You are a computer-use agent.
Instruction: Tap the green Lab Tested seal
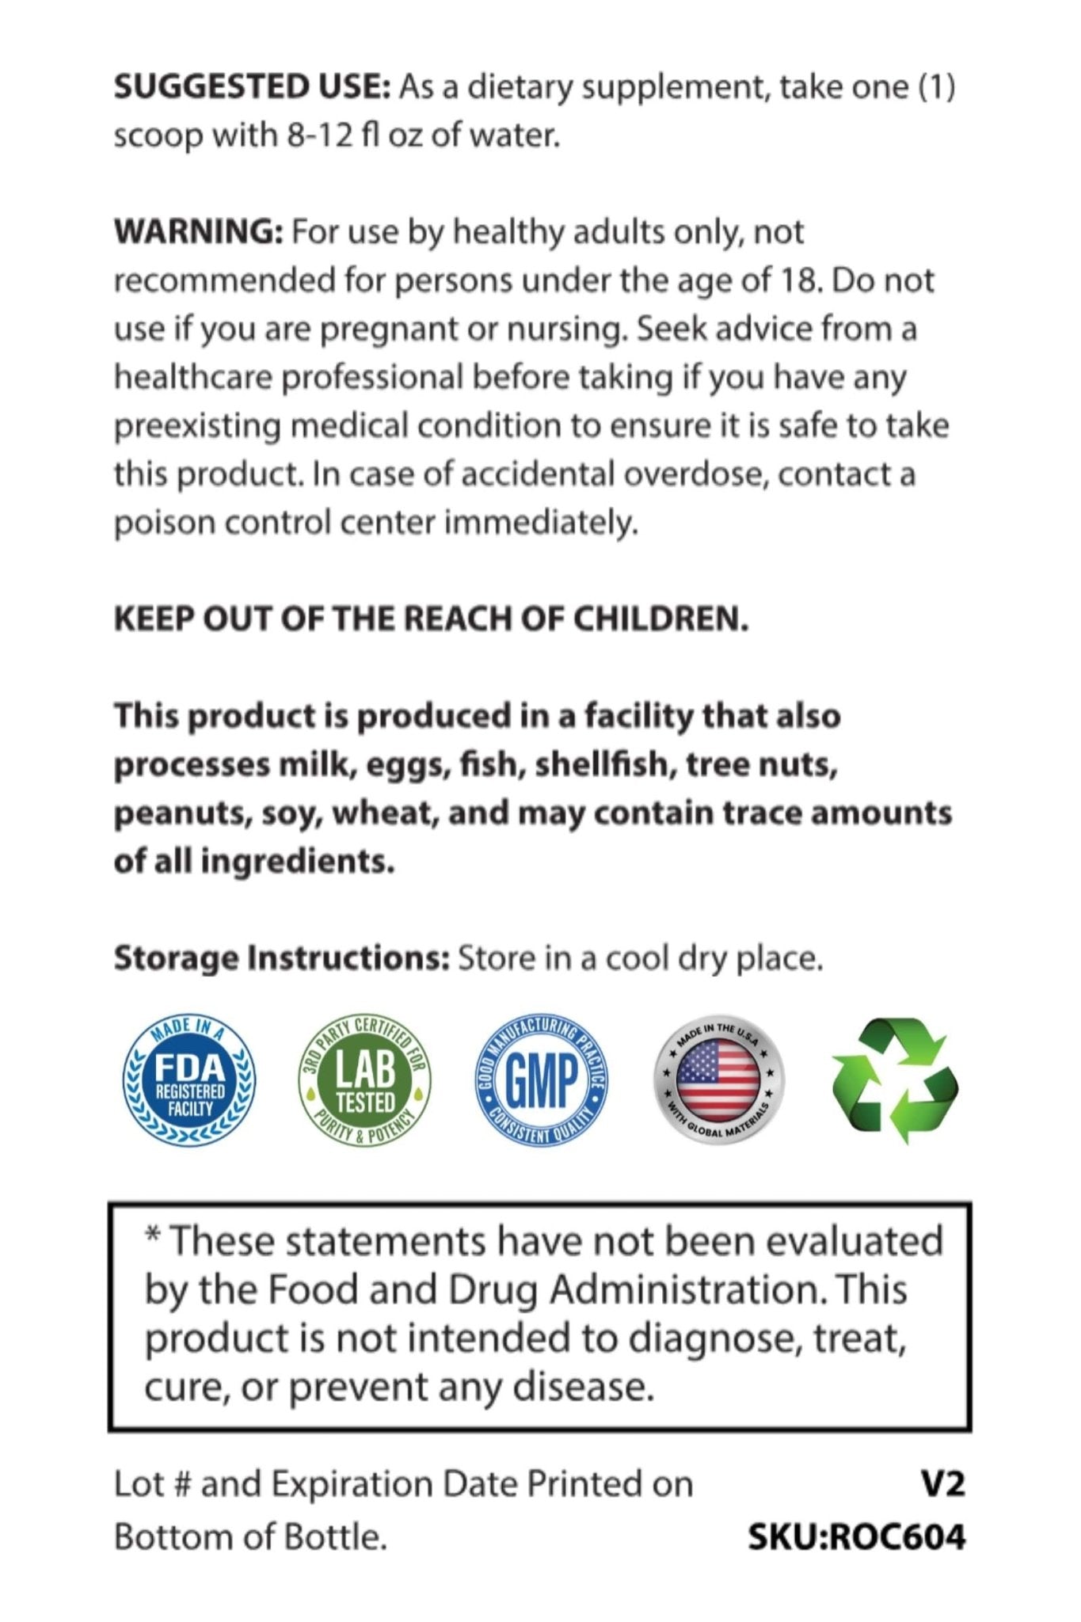point(365,1081)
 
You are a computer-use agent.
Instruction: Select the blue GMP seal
point(542,1081)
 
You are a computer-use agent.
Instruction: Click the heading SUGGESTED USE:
point(252,86)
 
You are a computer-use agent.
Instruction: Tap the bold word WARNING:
point(198,232)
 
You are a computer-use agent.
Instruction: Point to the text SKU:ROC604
point(856,1538)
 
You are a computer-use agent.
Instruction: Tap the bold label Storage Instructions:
point(282,958)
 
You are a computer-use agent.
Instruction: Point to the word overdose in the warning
point(695,474)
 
